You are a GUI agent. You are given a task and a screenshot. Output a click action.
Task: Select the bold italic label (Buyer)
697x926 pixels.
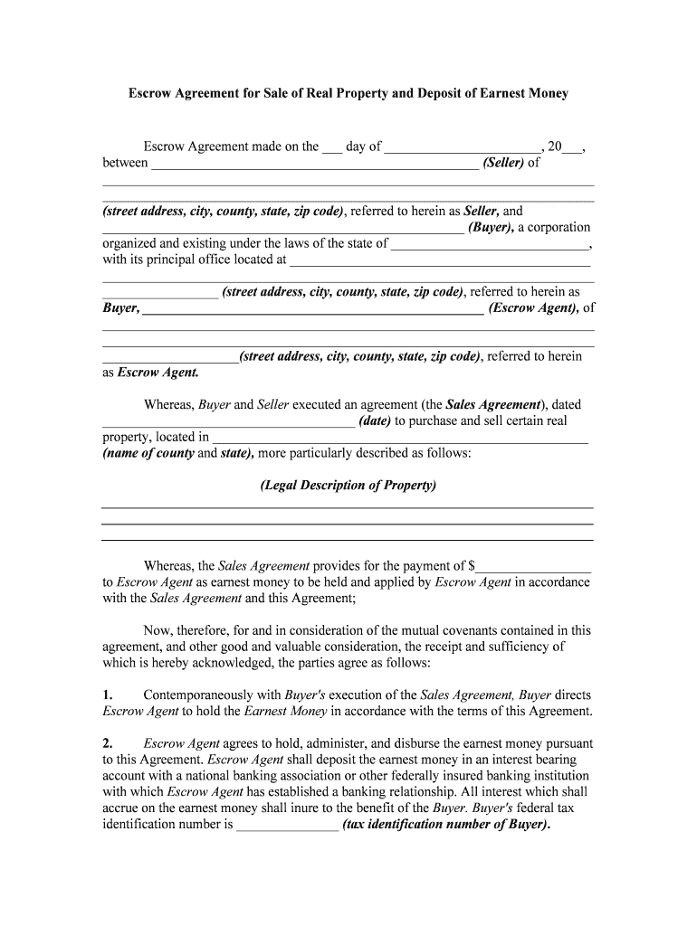pos(492,227)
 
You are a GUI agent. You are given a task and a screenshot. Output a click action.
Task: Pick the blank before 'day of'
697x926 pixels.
pos(332,147)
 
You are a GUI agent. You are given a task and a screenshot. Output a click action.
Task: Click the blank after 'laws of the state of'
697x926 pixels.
pos(490,244)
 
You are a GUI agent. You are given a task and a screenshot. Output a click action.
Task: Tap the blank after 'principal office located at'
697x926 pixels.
pos(439,260)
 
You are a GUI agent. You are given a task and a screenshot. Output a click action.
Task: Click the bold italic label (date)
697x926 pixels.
pos(375,420)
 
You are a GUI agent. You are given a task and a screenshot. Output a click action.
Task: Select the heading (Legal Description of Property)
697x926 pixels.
pos(348,485)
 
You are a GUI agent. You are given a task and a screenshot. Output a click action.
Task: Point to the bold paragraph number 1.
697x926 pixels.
pos(107,694)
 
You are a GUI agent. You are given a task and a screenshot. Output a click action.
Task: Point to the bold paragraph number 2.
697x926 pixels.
pos(107,743)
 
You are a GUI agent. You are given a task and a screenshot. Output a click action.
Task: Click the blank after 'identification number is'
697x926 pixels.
pos(287,826)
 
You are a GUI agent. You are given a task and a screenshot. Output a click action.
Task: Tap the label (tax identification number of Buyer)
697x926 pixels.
pos(446,825)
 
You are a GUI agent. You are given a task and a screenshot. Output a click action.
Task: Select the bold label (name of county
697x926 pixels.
pos(148,453)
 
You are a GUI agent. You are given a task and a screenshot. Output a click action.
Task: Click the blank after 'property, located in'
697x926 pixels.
pos(400,438)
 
